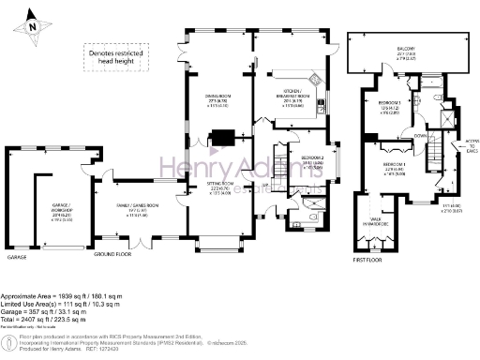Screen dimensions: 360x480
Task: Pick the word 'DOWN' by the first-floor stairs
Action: (419, 135)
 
